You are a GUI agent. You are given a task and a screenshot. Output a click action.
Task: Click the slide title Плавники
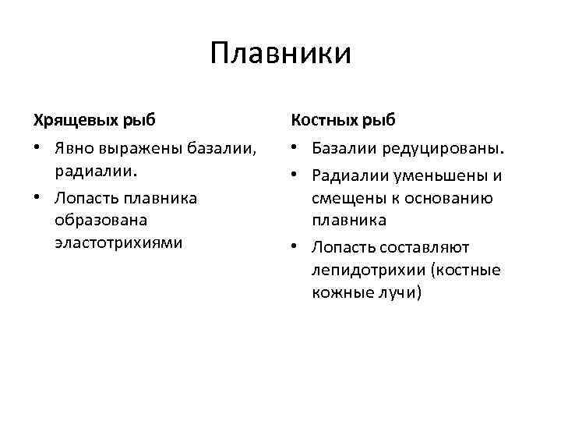click(280, 54)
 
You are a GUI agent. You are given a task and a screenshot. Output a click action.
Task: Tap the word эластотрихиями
click(118, 242)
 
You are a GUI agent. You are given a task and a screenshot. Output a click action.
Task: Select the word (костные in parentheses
click(467, 270)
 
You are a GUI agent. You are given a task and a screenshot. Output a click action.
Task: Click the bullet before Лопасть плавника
click(37, 197)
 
